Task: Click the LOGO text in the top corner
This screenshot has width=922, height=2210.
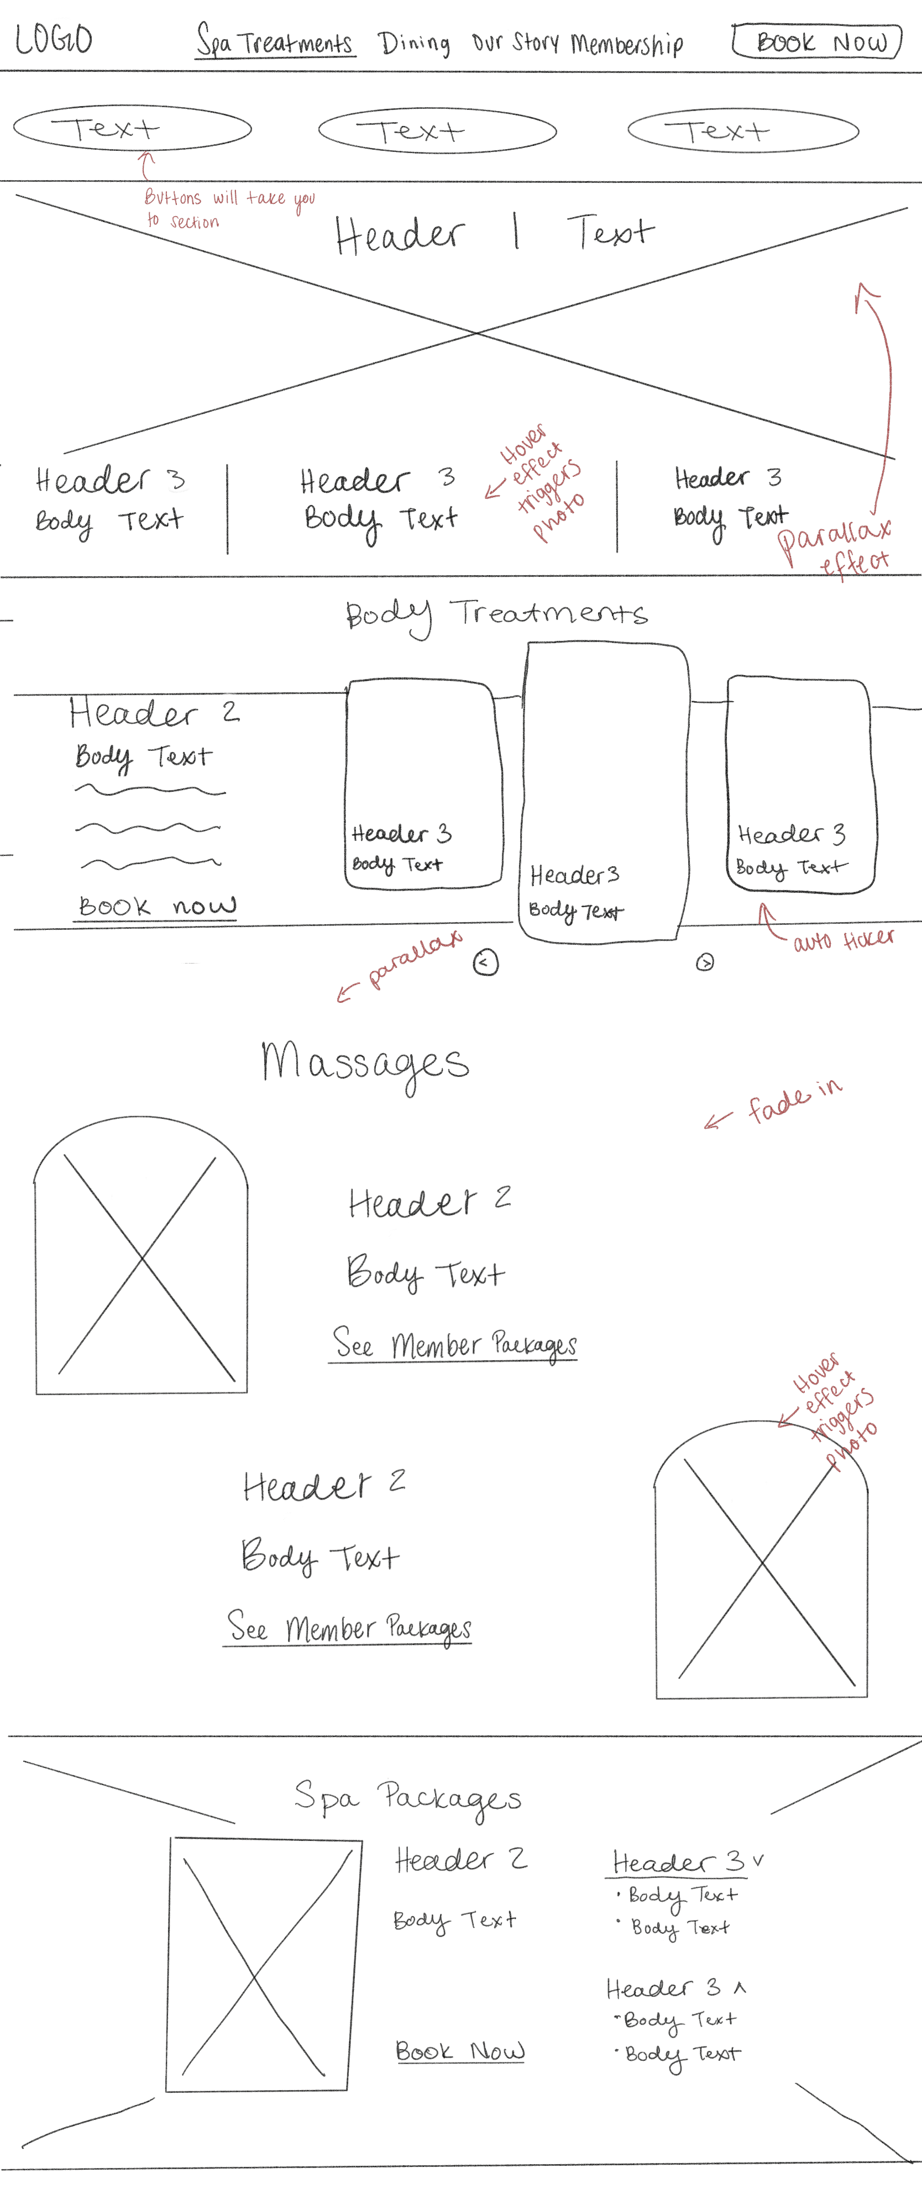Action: pos(53,39)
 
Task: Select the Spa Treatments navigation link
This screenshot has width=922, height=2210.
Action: pos(275,41)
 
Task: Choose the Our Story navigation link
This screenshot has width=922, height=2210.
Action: pos(515,42)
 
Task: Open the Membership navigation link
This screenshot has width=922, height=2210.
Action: pos(627,44)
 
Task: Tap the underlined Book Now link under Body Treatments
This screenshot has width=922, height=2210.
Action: pos(156,907)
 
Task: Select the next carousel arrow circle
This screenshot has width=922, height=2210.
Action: pos(705,962)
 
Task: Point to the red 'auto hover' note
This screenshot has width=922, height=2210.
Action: pos(842,939)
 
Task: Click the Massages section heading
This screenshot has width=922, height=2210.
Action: pos(365,1063)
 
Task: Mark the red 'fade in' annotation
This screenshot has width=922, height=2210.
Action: pos(794,1099)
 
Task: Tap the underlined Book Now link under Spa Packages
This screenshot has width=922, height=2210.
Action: pos(460,2051)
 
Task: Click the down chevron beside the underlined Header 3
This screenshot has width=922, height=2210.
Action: pos(758,1860)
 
